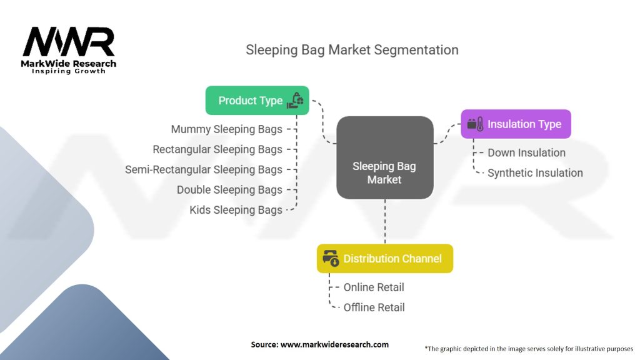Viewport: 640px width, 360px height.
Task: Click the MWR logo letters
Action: point(68,42)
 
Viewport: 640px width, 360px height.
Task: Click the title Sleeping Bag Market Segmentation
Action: point(352,50)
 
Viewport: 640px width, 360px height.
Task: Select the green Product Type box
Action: point(257,100)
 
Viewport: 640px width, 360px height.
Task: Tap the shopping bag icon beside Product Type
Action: point(295,100)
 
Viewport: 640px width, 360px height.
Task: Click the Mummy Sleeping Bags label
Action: point(226,129)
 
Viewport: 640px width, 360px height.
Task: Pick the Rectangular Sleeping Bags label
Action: point(217,149)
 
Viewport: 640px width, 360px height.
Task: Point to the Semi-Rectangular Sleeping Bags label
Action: point(204,169)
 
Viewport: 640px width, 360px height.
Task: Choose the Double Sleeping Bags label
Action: point(229,189)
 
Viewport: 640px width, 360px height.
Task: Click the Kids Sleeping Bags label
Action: point(236,210)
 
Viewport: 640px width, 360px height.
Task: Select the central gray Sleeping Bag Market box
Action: point(384,157)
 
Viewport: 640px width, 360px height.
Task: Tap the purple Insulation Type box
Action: point(516,124)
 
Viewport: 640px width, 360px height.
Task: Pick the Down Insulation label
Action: point(526,152)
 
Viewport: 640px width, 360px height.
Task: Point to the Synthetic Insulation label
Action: point(535,172)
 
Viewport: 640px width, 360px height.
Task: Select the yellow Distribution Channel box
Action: point(384,258)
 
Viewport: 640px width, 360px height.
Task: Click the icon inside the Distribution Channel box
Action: point(331,258)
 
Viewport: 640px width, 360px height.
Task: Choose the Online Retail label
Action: point(374,287)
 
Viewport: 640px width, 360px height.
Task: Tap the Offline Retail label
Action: point(374,307)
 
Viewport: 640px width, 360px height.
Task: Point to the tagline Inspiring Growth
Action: point(69,71)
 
